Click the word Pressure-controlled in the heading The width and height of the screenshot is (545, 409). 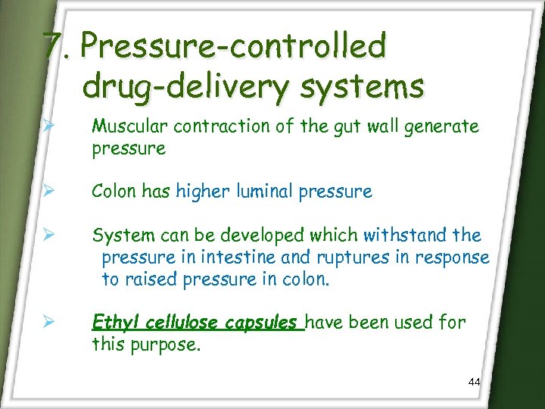click(x=234, y=48)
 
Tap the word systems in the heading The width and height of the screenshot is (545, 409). click(x=363, y=86)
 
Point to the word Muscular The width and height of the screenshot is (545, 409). click(x=125, y=127)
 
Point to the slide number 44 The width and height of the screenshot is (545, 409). click(x=475, y=382)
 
